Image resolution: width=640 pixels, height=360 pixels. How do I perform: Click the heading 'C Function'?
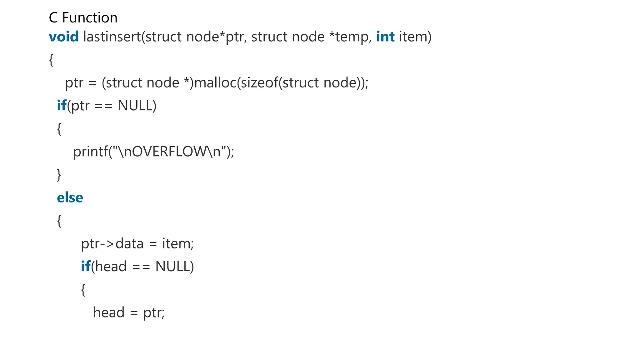[83, 18]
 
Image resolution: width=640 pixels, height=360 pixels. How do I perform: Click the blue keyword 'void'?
[64, 37]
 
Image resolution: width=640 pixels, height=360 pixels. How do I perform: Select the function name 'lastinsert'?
[112, 37]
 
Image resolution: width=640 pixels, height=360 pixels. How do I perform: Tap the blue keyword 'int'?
[385, 37]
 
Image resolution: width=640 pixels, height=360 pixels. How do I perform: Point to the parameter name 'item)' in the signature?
[415, 37]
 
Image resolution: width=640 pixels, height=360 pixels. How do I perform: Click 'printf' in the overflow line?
[90, 152]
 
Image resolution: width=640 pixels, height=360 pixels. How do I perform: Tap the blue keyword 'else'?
[70, 198]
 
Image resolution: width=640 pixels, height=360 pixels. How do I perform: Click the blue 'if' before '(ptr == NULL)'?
[61, 106]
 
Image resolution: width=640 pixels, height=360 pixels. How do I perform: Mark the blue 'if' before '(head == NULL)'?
[85, 267]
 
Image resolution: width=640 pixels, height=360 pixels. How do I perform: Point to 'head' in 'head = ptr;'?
[109, 313]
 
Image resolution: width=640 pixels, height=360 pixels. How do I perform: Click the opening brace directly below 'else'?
[59, 221]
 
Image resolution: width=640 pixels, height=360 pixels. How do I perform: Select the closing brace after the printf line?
[59, 175]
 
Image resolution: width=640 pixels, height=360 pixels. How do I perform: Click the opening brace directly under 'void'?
[51, 60]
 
